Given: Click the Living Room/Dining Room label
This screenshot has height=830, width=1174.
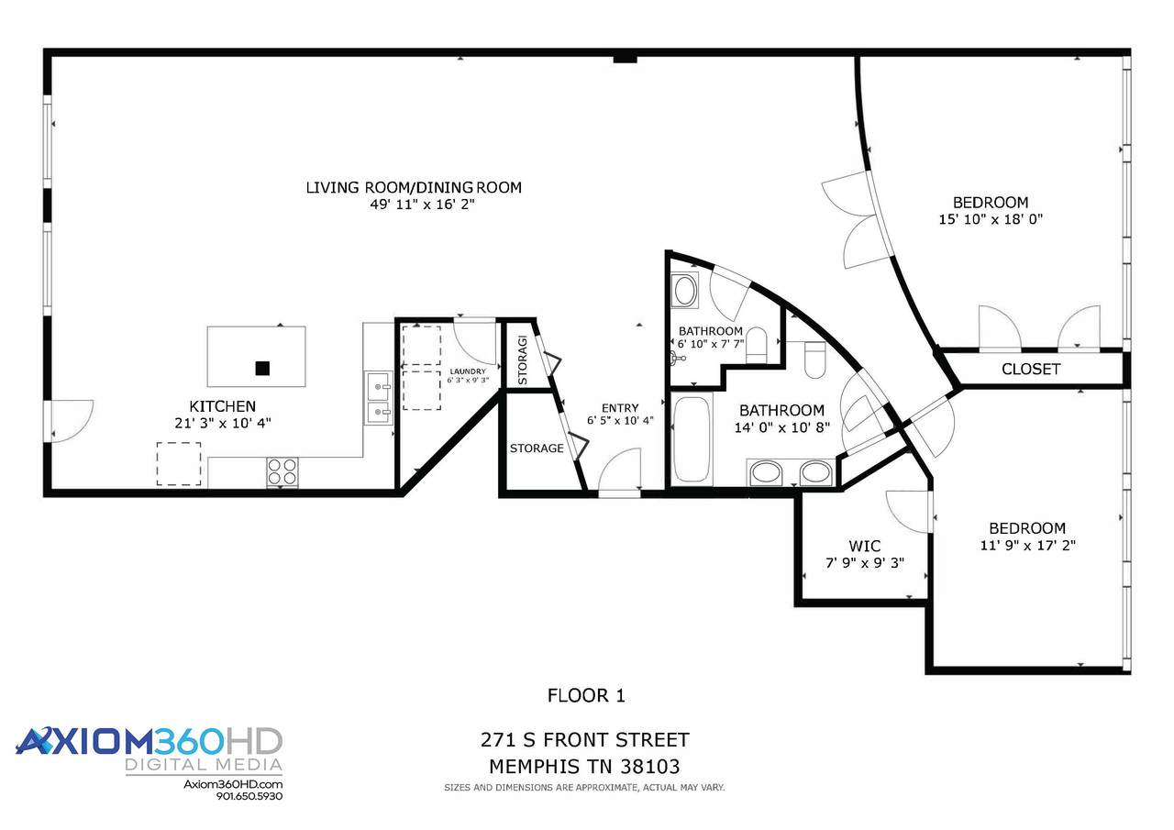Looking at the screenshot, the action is point(414,187).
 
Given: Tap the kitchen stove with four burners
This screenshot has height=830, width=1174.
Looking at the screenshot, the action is point(282,471).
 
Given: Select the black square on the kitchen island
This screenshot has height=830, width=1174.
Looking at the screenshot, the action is point(262,369).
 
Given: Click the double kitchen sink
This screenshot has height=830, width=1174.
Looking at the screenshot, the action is point(379,398).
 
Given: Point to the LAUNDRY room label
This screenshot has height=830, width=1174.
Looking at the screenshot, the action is point(468,371).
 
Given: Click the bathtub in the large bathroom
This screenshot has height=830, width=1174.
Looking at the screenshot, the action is point(692,439).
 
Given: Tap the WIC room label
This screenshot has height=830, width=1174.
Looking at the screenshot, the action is point(865,546).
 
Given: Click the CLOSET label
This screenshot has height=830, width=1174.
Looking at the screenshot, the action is point(1031,369).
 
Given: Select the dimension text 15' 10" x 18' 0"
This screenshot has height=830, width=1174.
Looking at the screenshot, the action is point(991,219).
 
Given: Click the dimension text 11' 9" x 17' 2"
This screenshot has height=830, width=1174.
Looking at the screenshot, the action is point(1028,545).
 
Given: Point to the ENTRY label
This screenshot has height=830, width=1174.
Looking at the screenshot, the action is point(620,408).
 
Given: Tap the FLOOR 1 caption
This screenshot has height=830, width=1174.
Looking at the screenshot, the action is point(586,695).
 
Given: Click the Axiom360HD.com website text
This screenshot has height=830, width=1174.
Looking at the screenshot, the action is point(233,784).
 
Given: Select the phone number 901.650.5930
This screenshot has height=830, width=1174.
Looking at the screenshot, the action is point(249,796).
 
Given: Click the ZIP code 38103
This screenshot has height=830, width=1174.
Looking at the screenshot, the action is point(650,767).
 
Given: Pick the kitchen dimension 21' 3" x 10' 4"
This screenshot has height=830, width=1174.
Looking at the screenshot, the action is point(223,423).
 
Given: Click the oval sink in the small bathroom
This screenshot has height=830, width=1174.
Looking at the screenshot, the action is point(684,289).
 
